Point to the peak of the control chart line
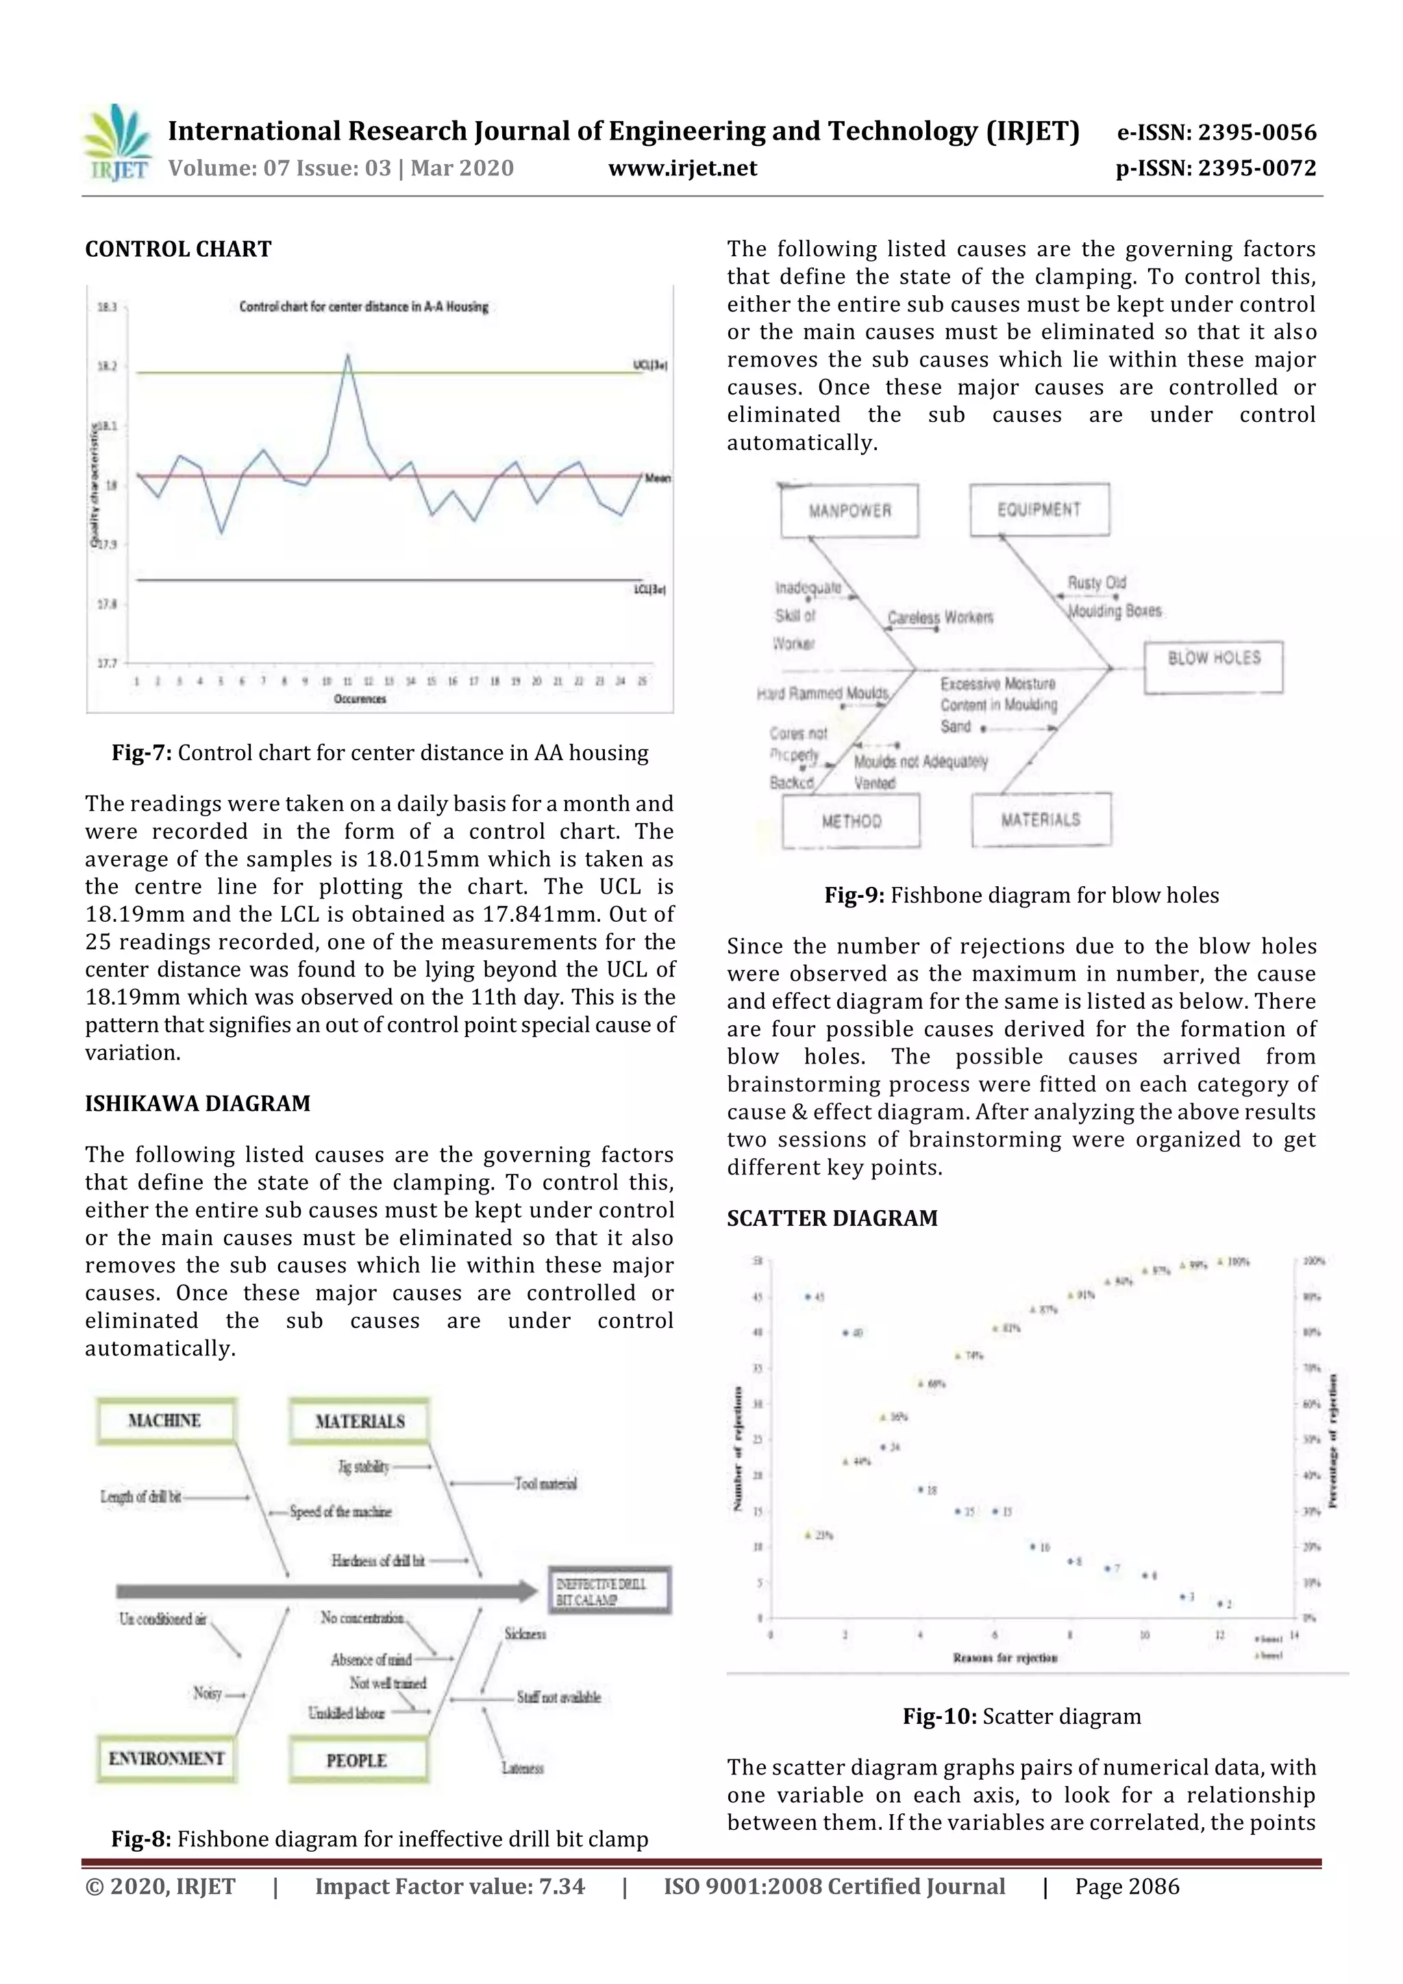click(347, 354)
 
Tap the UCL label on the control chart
click(649, 366)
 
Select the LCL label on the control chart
click(649, 590)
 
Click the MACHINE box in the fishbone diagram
click(164, 1420)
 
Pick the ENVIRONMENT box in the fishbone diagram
click(166, 1759)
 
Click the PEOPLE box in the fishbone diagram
click(357, 1760)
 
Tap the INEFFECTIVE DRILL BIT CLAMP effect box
click(610, 1591)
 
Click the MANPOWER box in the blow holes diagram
click(849, 511)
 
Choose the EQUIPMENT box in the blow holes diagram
click(1039, 510)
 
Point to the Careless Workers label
click(941, 617)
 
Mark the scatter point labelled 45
click(809, 1297)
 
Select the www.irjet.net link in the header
click(682, 168)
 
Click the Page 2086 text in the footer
click(1126, 1886)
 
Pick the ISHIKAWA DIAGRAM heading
click(197, 1103)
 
